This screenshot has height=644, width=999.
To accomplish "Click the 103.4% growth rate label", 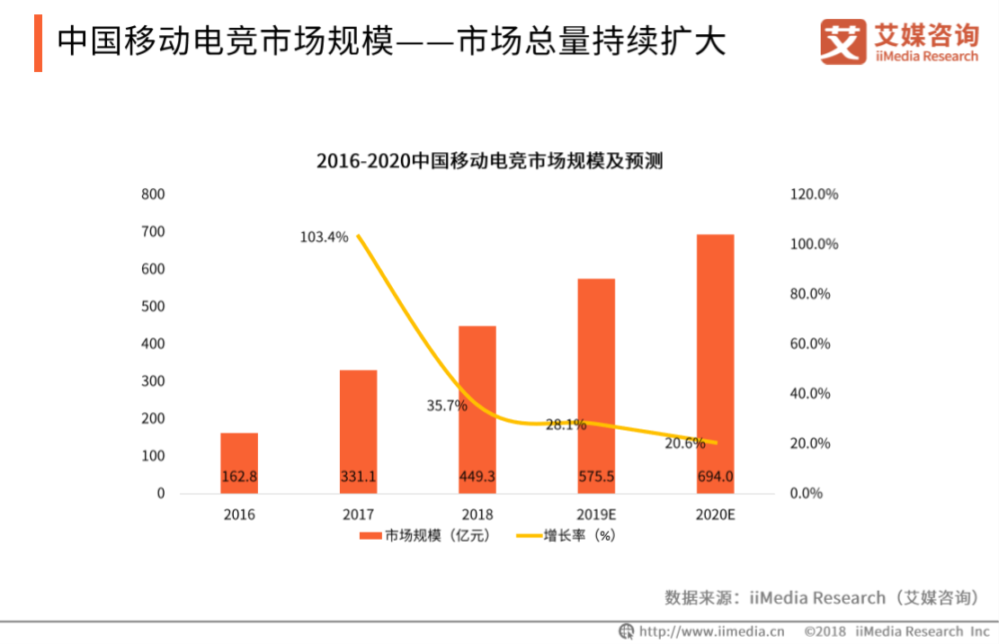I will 324,237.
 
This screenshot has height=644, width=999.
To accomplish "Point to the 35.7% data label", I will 447,406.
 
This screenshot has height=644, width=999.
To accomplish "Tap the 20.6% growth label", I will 684,443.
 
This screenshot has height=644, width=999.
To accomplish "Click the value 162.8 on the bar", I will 239,477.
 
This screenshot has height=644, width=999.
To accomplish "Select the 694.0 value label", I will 715,477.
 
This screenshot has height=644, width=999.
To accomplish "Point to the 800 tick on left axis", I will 154,194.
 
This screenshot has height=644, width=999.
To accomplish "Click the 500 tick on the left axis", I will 154,307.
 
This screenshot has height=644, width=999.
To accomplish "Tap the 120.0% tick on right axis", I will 814,194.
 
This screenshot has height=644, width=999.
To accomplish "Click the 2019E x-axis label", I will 596,515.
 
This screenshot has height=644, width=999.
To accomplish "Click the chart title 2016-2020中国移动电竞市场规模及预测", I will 489,162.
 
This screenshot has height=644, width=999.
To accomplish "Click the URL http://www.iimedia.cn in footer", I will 710,631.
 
